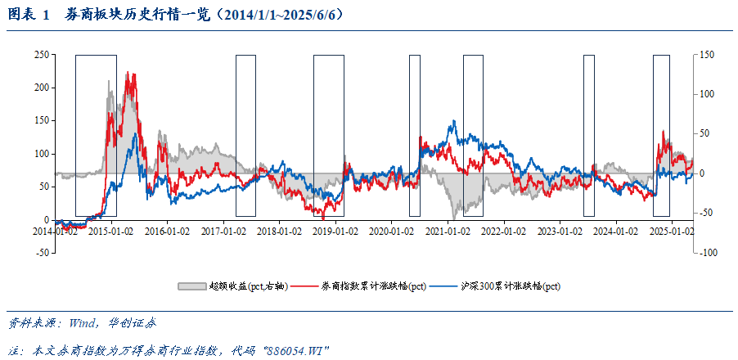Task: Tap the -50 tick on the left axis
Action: (x=39, y=253)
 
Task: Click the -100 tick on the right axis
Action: (x=706, y=253)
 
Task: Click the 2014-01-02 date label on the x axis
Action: (x=55, y=232)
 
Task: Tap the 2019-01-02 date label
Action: (x=335, y=232)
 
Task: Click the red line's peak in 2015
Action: (x=128, y=72)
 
